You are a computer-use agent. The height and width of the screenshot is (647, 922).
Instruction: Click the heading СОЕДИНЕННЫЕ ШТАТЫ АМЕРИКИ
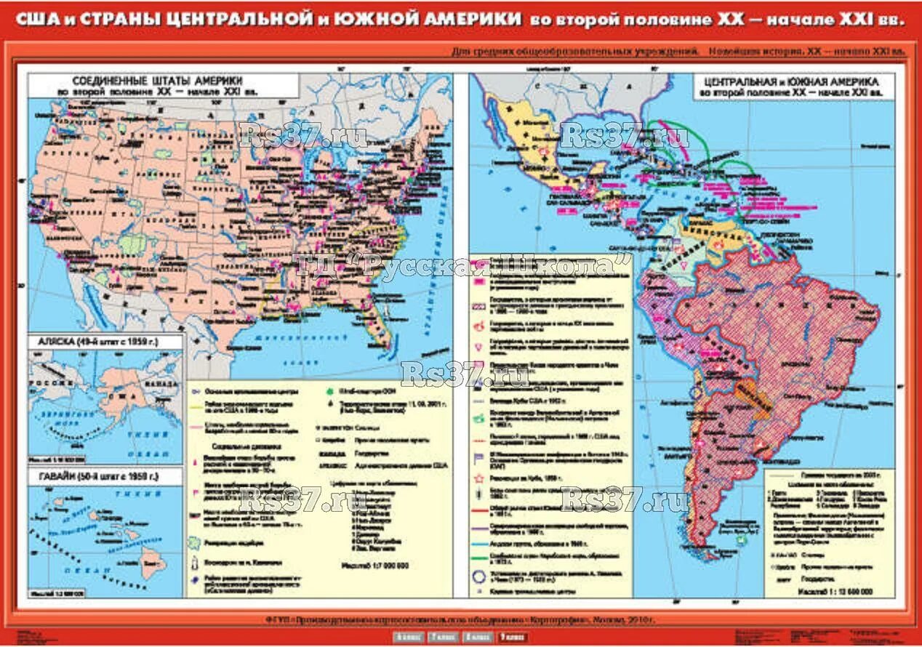pyautogui.click(x=156, y=81)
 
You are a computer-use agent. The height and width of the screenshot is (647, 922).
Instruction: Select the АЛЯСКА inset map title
pyautogui.click(x=94, y=341)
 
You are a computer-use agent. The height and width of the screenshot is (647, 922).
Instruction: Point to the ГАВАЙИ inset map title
pyautogui.click(x=94, y=478)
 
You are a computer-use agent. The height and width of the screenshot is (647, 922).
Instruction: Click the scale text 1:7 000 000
pyautogui.click(x=374, y=565)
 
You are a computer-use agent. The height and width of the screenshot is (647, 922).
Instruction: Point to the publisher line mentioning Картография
pyautogui.click(x=461, y=620)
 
